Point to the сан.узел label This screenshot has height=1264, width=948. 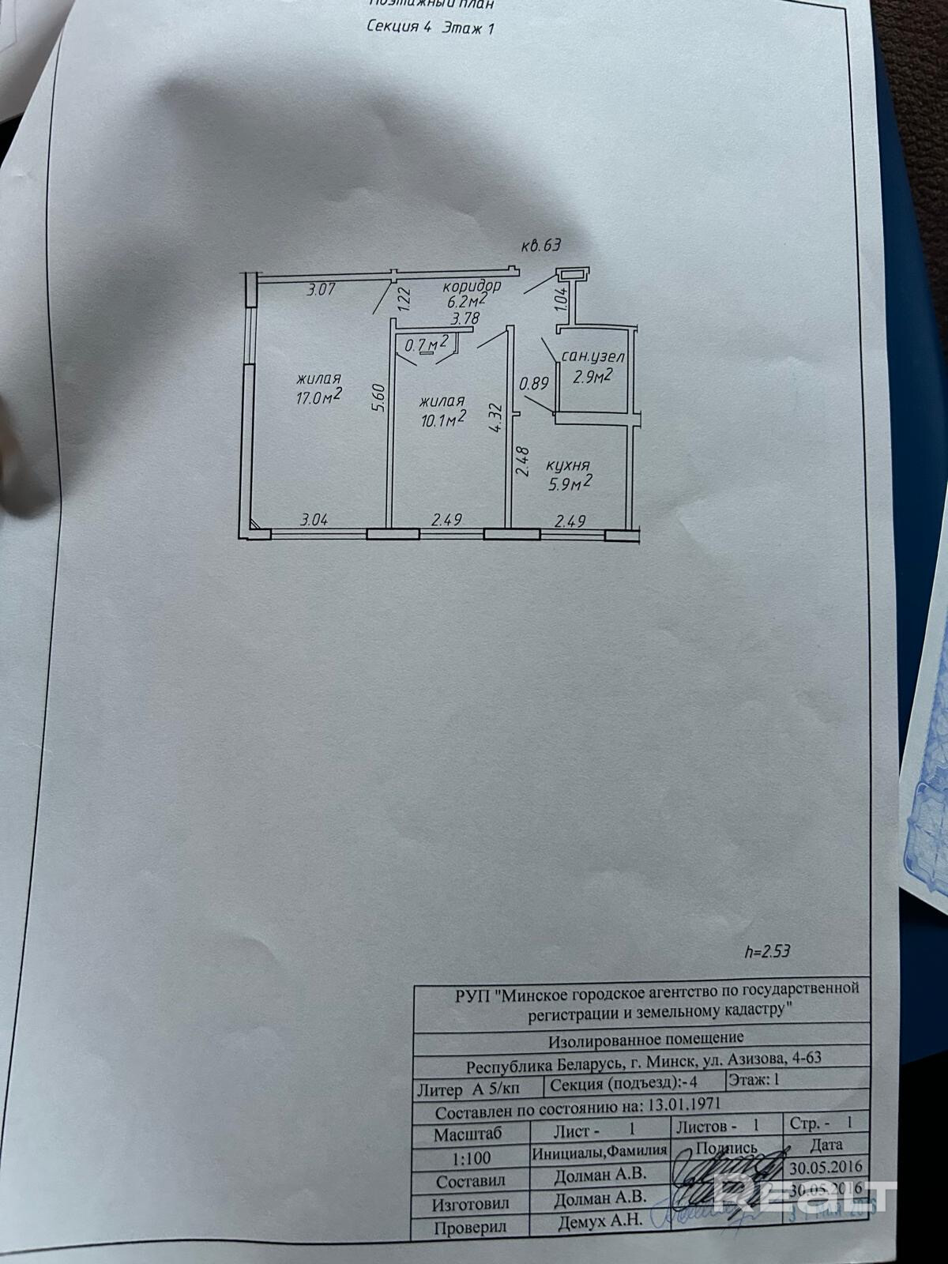(x=588, y=358)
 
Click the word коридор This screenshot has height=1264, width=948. (x=472, y=285)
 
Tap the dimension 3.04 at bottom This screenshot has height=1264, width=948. (x=314, y=521)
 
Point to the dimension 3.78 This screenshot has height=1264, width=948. (x=465, y=319)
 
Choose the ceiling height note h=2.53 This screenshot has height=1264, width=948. (x=767, y=951)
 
